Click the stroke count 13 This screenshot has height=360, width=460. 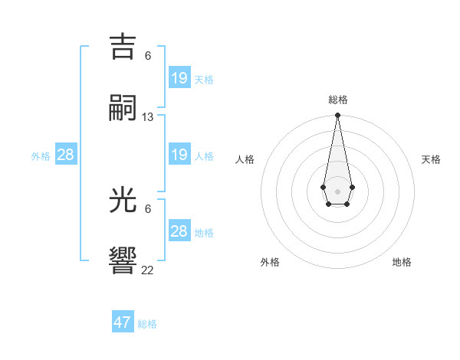tap(148, 117)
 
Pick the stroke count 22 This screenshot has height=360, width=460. tap(148, 270)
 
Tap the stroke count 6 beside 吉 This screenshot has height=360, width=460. tap(148, 56)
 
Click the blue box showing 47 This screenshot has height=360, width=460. tap(123, 322)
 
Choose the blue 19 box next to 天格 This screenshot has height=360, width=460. tap(179, 77)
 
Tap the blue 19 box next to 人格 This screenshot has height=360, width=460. tap(179, 155)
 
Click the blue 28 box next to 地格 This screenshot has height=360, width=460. tap(179, 231)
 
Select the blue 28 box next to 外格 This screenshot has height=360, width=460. tap(66, 155)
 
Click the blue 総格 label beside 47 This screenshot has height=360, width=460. tap(147, 324)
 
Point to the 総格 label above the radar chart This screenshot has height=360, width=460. tap(338, 100)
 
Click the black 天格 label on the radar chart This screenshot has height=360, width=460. tap(431, 159)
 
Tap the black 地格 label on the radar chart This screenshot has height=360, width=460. tap(402, 262)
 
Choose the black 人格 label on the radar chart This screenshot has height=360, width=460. tap(245, 159)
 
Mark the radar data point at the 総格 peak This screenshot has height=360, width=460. tap(337, 116)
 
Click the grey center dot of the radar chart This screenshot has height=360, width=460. tap(337, 190)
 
